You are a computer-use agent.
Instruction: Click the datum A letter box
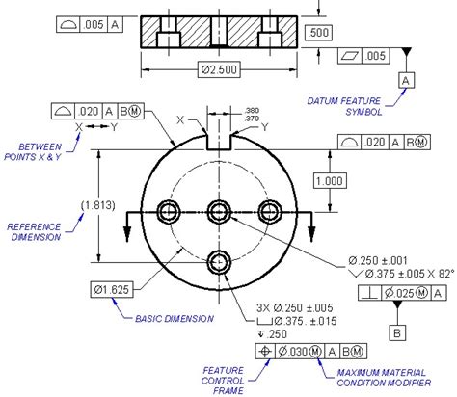click(x=406, y=79)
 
